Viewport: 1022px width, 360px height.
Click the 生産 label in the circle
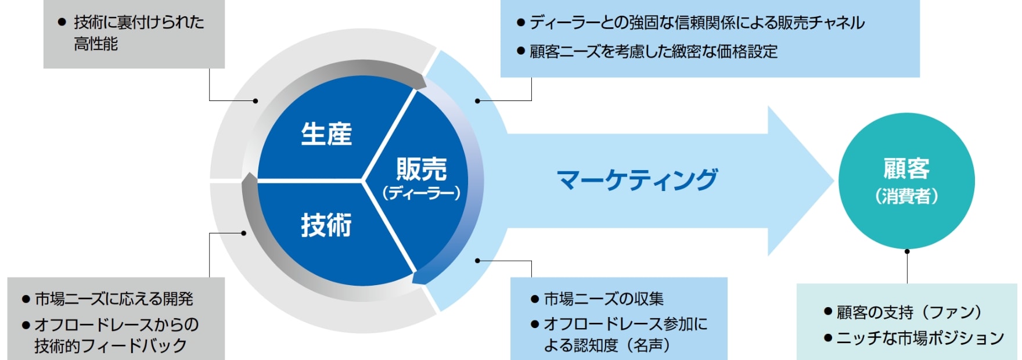coord(326,134)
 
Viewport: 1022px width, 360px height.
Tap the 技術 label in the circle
coord(326,225)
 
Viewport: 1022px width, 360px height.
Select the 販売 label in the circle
coord(422,170)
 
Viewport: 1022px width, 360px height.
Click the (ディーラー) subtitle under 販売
coord(422,193)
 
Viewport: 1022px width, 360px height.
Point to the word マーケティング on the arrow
coord(637,179)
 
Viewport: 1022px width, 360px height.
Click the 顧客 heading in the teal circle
coord(906,169)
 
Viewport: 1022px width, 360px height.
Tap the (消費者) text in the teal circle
coord(906,196)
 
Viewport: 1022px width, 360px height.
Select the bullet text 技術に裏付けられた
coord(139,22)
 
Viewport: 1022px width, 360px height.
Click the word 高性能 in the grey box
coord(96,44)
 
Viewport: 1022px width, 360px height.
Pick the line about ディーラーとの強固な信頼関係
coord(697,23)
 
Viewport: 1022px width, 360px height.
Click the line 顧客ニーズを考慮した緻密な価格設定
coord(653,52)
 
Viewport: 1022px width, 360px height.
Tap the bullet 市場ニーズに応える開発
coord(114,298)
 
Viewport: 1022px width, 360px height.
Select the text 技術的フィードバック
coord(110,345)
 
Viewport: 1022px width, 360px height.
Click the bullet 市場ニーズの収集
coord(603,298)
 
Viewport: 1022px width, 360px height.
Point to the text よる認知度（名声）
coord(607,345)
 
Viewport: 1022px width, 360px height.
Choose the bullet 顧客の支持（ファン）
coord(909,312)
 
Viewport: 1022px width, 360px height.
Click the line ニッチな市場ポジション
coord(920,338)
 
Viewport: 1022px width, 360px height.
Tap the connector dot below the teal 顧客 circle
coord(907,251)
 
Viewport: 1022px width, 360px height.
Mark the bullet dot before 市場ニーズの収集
coord(535,300)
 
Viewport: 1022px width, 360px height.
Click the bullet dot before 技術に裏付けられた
coord(62,23)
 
